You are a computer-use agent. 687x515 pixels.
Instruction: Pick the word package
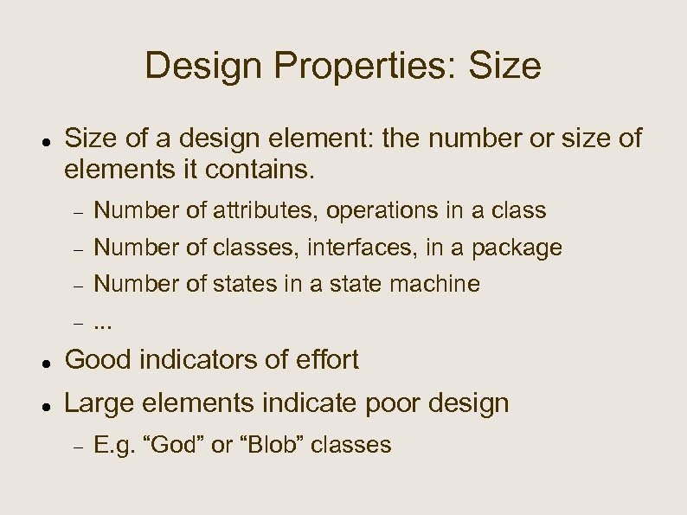pyautogui.click(x=517, y=249)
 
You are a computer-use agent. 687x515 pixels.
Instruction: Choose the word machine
pyautogui.click(x=435, y=284)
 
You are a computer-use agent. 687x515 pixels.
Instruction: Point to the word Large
pyautogui.click(x=97, y=403)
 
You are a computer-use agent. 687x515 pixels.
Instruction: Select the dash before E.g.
pyautogui.click(x=77, y=447)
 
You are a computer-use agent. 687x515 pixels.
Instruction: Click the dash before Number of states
pyautogui.click(x=77, y=285)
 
